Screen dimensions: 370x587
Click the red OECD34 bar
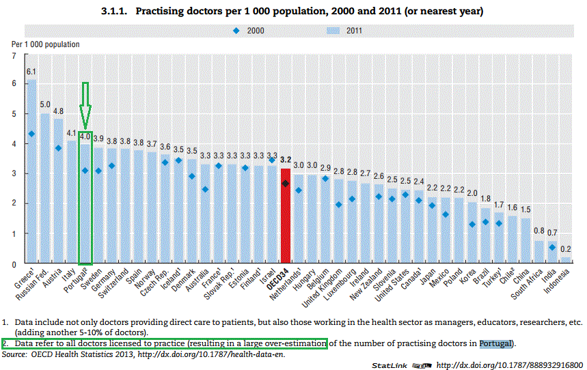[285, 218]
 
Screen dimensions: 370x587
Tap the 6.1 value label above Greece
[31, 72]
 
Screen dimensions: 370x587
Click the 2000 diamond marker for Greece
[31, 134]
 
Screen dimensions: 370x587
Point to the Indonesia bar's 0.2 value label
[566, 249]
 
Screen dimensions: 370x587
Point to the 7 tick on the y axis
[15, 55]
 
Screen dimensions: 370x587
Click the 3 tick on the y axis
[15, 174]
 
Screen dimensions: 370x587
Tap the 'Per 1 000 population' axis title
[45, 44]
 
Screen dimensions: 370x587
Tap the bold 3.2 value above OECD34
[285, 159]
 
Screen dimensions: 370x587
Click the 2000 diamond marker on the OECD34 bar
[285, 184]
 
